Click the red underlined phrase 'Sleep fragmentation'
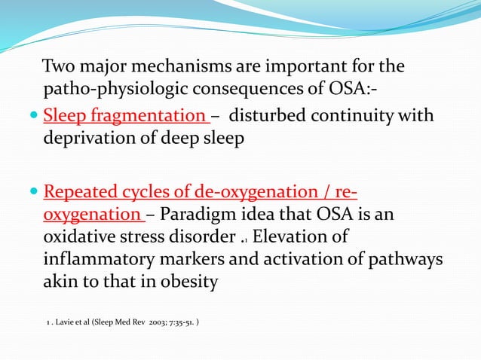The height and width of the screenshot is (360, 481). pyautogui.click(x=124, y=117)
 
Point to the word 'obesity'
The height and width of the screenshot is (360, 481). pyautogui.click(x=183, y=282)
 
